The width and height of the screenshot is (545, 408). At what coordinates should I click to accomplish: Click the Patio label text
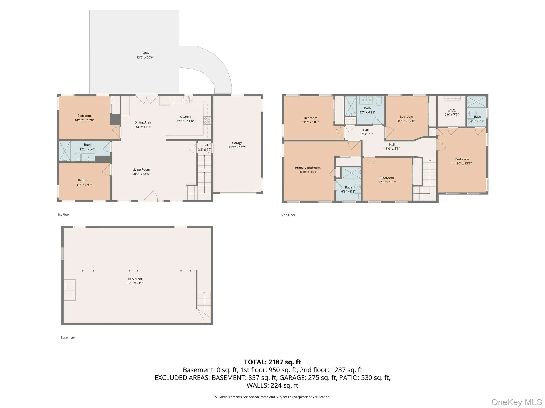[145, 53]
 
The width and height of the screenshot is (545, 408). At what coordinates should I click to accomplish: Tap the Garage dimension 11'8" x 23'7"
[237, 147]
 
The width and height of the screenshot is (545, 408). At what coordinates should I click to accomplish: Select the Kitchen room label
[185, 117]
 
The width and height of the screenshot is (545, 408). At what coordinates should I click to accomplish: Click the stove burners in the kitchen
[207, 120]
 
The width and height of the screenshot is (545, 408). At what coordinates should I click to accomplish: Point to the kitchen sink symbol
[188, 100]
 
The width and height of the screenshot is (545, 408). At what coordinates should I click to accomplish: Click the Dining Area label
[143, 122]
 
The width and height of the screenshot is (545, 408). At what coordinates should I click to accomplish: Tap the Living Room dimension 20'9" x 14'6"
[141, 174]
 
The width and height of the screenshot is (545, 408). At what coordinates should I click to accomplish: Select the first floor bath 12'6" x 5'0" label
[87, 147]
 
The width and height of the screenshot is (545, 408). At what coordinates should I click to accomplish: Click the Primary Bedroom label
[308, 168]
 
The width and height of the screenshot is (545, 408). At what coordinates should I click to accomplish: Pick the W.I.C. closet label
[451, 110]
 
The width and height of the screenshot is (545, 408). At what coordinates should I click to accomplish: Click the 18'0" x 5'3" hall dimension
[392, 149]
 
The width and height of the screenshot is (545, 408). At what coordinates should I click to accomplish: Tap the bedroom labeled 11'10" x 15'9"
[462, 161]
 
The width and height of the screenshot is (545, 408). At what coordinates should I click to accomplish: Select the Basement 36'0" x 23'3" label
[135, 281]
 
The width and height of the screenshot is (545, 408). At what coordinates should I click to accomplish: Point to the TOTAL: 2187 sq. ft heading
[272, 362]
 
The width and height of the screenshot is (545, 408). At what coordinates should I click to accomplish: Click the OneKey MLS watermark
[516, 402]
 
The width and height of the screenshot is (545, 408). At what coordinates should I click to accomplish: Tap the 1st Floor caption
[64, 215]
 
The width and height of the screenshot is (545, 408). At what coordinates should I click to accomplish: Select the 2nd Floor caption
[288, 215]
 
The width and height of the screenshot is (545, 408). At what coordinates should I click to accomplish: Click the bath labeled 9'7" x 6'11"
[367, 110]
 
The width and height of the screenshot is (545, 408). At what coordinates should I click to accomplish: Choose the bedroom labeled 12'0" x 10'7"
[387, 180]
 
